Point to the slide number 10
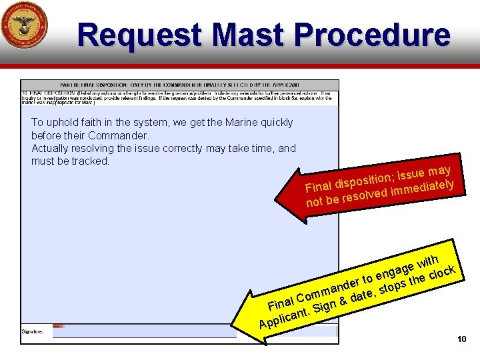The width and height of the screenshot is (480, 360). click(461, 340)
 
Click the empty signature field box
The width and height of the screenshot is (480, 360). click(193, 331)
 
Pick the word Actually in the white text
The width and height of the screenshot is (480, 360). click(51, 148)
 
